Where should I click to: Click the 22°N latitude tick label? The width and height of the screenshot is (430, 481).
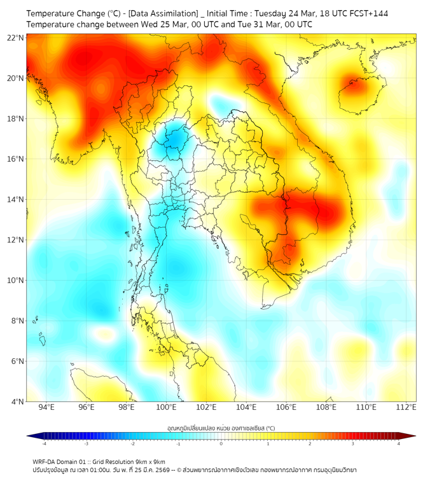(16, 38)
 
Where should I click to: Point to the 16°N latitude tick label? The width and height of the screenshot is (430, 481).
(16, 159)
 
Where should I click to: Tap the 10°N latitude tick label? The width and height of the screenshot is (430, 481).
(16, 281)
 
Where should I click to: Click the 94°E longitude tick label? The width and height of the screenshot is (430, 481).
(46, 407)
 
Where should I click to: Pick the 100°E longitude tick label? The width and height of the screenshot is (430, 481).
(166, 407)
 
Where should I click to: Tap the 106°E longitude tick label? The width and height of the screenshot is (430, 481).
(286, 407)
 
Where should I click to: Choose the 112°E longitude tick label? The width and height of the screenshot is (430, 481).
(406, 407)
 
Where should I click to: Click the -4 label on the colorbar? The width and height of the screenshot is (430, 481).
(44, 443)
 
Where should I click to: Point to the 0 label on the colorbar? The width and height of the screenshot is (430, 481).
(221, 443)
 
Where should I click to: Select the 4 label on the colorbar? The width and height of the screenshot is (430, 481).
(399, 443)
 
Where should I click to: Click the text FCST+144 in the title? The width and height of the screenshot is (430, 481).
(368, 13)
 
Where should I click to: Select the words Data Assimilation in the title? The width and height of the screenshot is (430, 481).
(162, 13)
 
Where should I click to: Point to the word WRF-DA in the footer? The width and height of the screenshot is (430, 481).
(45, 461)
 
